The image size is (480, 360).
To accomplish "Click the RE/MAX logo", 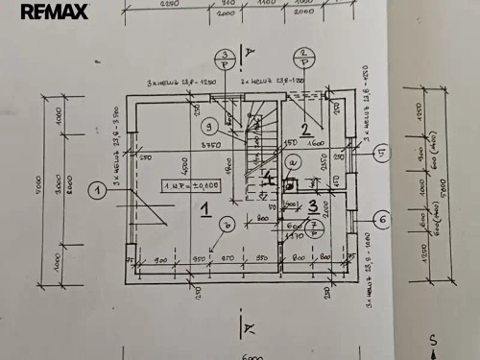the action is tap(54, 12).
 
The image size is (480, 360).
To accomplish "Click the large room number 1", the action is tap(204, 206).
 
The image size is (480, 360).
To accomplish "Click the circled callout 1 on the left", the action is tap(97, 190).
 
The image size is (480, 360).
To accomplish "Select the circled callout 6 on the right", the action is tap(381, 220).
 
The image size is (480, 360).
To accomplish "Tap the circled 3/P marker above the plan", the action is tap(223, 59).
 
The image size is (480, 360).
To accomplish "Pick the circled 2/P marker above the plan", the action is tap(303, 58).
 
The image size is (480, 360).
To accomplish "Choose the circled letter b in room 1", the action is tap(226, 225).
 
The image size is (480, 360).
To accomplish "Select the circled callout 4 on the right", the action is tap(381, 152).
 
